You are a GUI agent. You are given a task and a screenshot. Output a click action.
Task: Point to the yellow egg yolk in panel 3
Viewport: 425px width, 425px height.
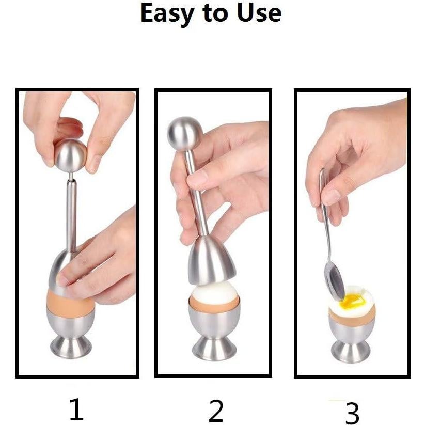tap(351, 300)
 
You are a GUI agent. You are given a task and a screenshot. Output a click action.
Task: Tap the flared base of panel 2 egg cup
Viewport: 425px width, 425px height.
tap(214, 349)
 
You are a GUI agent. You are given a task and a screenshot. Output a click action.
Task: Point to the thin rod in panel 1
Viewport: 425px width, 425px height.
tap(72, 212)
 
